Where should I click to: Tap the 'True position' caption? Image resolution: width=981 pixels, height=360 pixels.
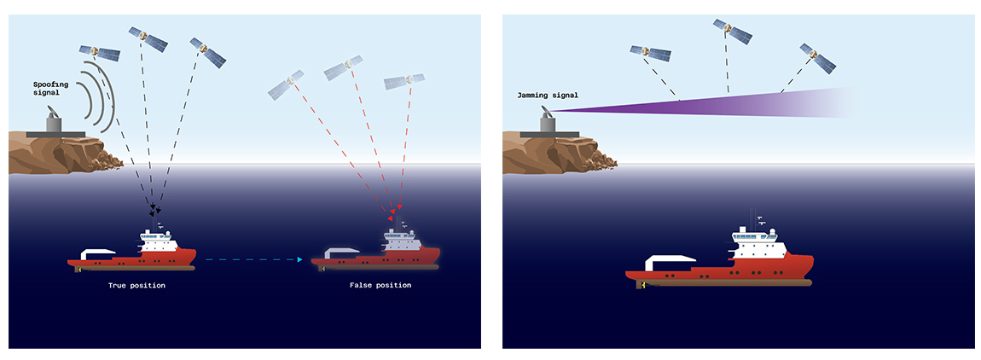[136, 285]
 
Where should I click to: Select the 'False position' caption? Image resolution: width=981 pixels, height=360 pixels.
[380, 285]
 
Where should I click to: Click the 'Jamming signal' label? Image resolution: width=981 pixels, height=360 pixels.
[548, 95]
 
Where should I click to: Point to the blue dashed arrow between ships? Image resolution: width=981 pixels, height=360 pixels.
[255, 259]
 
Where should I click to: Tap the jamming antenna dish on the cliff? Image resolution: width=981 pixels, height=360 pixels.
[546, 121]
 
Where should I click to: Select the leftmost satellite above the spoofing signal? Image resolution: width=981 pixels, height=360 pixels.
[99, 53]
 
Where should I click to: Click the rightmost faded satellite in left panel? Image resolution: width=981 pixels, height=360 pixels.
[404, 82]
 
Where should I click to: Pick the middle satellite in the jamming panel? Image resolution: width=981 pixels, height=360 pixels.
[733, 31]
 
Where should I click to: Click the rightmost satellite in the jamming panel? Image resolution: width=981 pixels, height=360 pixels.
[817, 56]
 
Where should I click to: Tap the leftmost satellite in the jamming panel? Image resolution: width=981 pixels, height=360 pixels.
[649, 54]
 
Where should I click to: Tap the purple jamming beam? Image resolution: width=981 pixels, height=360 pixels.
[725, 102]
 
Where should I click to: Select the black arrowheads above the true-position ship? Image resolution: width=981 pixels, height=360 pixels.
[155, 208]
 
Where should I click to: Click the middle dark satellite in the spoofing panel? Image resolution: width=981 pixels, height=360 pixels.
[148, 38]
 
